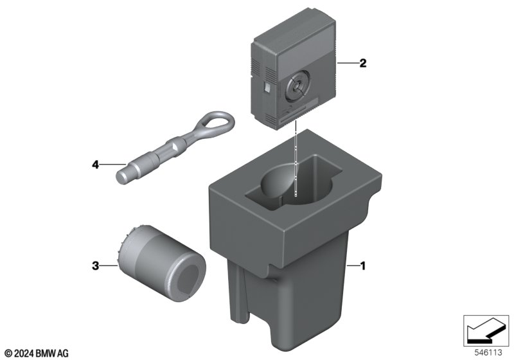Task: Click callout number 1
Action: (x=362, y=266)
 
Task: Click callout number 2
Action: (x=362, y=63)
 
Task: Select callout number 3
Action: (x=95, y=265)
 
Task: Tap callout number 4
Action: (x=95, y=165)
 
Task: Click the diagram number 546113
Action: (x=488, y=352)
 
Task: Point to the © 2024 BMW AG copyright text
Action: (x=37, y=354)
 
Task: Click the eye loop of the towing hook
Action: (x=217, y=123)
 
